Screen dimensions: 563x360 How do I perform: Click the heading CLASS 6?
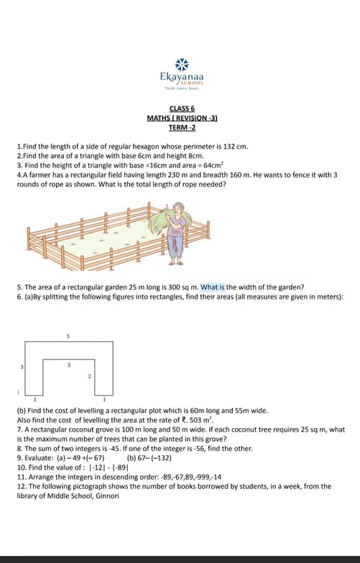pyautogui.click(x=182, y=108)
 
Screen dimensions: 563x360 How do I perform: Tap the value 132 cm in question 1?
pyautogui.click(x=236, y=146)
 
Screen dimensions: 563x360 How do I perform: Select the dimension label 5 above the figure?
pyautogui.click(x=68, y=336)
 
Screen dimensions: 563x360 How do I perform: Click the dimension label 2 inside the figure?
pyautogui.click(x=90, y=376)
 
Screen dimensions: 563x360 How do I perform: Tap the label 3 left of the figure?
pyautogui.click(x=22, y=367)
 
